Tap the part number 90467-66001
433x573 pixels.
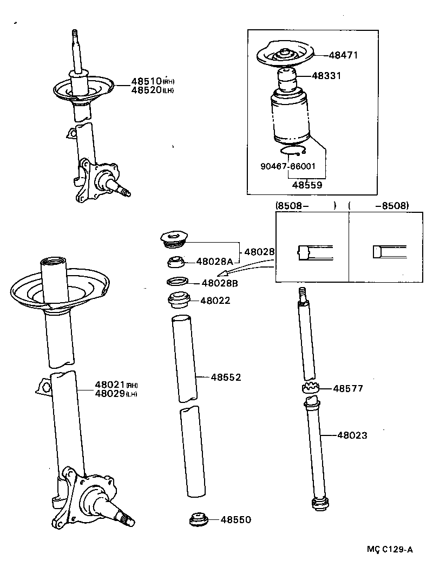point(287,167)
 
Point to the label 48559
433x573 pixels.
point(307,185)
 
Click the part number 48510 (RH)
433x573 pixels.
point(152,82)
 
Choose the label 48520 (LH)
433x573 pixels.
point(152,90)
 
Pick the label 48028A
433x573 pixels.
point(214,262)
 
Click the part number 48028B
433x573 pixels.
point(220,283)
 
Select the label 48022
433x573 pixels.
point(215,300)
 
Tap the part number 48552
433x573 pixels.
point(226,377)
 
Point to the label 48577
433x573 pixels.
point(348,388)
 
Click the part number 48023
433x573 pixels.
point(352,434)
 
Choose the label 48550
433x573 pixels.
point(235,519)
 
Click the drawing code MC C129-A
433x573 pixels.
point(390,549)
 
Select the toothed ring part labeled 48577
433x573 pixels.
point(310,388)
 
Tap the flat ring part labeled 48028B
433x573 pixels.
point(178,282)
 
